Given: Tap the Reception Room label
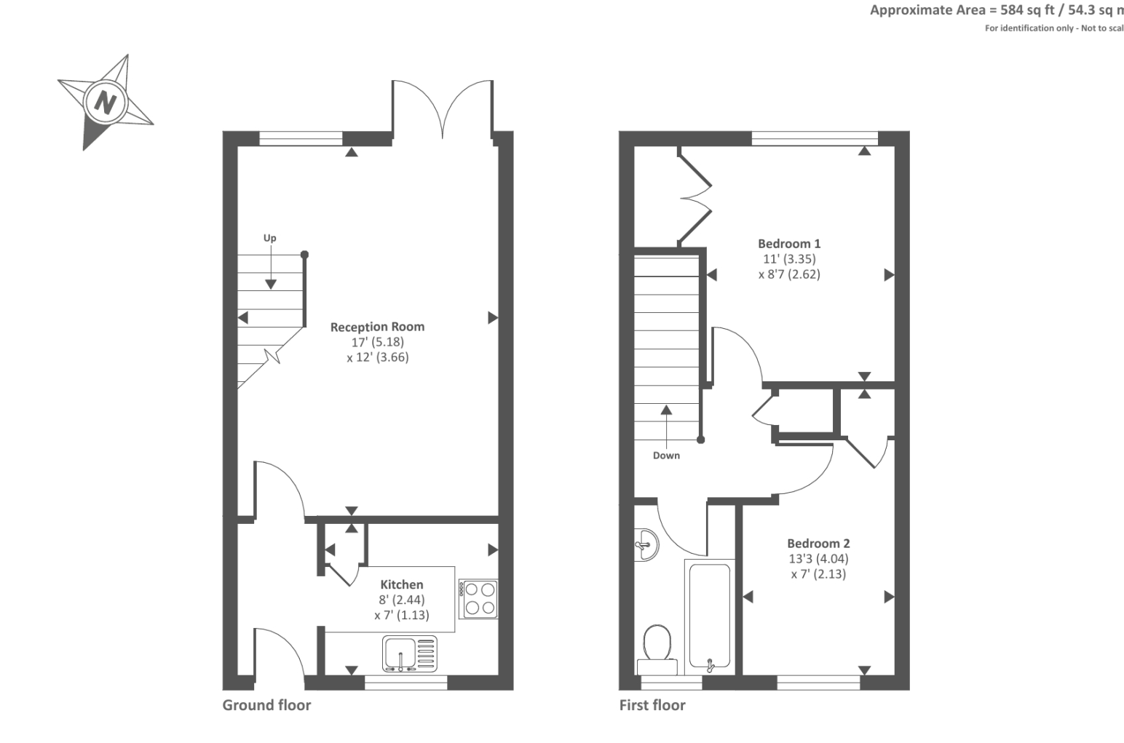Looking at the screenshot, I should [x=377, y=327].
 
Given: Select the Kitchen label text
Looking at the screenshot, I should [x=401, y=584].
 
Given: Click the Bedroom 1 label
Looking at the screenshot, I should [x=789, y=244].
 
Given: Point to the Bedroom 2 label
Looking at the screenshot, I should [x=818, y=544].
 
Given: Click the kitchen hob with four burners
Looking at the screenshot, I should [x=478, y=599].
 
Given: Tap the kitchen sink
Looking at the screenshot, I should [x=410, y=653].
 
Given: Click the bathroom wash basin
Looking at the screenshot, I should [x=645, y=544].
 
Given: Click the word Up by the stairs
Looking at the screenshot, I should [x=270, y=238].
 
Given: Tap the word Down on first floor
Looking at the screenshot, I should [x=666, y=456].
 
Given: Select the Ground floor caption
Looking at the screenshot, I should [x=266, y=705].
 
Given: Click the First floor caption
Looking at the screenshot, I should [x=652, y=705].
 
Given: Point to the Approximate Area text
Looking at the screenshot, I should [x=996, y=10].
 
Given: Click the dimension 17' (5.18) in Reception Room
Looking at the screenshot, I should [x=377, y=342].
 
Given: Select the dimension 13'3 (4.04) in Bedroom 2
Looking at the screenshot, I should [x=818, y=559].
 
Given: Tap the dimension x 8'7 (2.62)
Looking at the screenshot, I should [x=789, y=275].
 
